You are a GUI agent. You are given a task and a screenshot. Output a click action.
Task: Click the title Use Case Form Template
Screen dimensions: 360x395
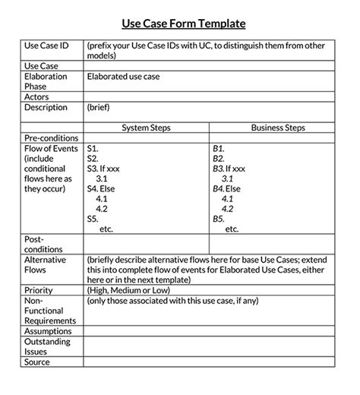[x=179, y=24]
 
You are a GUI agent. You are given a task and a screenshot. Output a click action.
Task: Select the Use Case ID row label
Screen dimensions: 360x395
[x=47, y=46]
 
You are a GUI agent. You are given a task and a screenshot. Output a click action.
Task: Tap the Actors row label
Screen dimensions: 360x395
[x=38, y=97]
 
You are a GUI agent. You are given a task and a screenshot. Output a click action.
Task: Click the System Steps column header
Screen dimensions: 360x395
[x=145, y=128]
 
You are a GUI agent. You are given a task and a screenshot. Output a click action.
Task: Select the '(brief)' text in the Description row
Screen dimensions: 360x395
[x=100, y=108]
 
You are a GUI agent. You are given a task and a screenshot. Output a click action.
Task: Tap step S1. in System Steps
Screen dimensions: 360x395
[x=93, y=148]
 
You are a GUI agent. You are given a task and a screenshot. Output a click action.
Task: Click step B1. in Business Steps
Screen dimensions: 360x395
[x=219, y=148]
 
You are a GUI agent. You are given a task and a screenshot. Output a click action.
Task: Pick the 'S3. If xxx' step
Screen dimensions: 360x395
[x=106, y=168]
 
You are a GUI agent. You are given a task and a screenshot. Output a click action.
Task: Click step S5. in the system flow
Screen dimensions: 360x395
[x=93, y=218]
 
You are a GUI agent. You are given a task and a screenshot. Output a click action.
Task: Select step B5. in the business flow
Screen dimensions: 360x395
[x=219, y=218]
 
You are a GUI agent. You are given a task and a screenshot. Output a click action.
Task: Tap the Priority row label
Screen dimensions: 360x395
[x=39, y=290]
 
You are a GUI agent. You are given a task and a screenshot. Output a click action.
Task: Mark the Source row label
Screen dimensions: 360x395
[x=37, y=362]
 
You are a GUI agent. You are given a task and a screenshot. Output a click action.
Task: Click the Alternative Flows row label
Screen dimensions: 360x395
[x=46, y=264]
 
